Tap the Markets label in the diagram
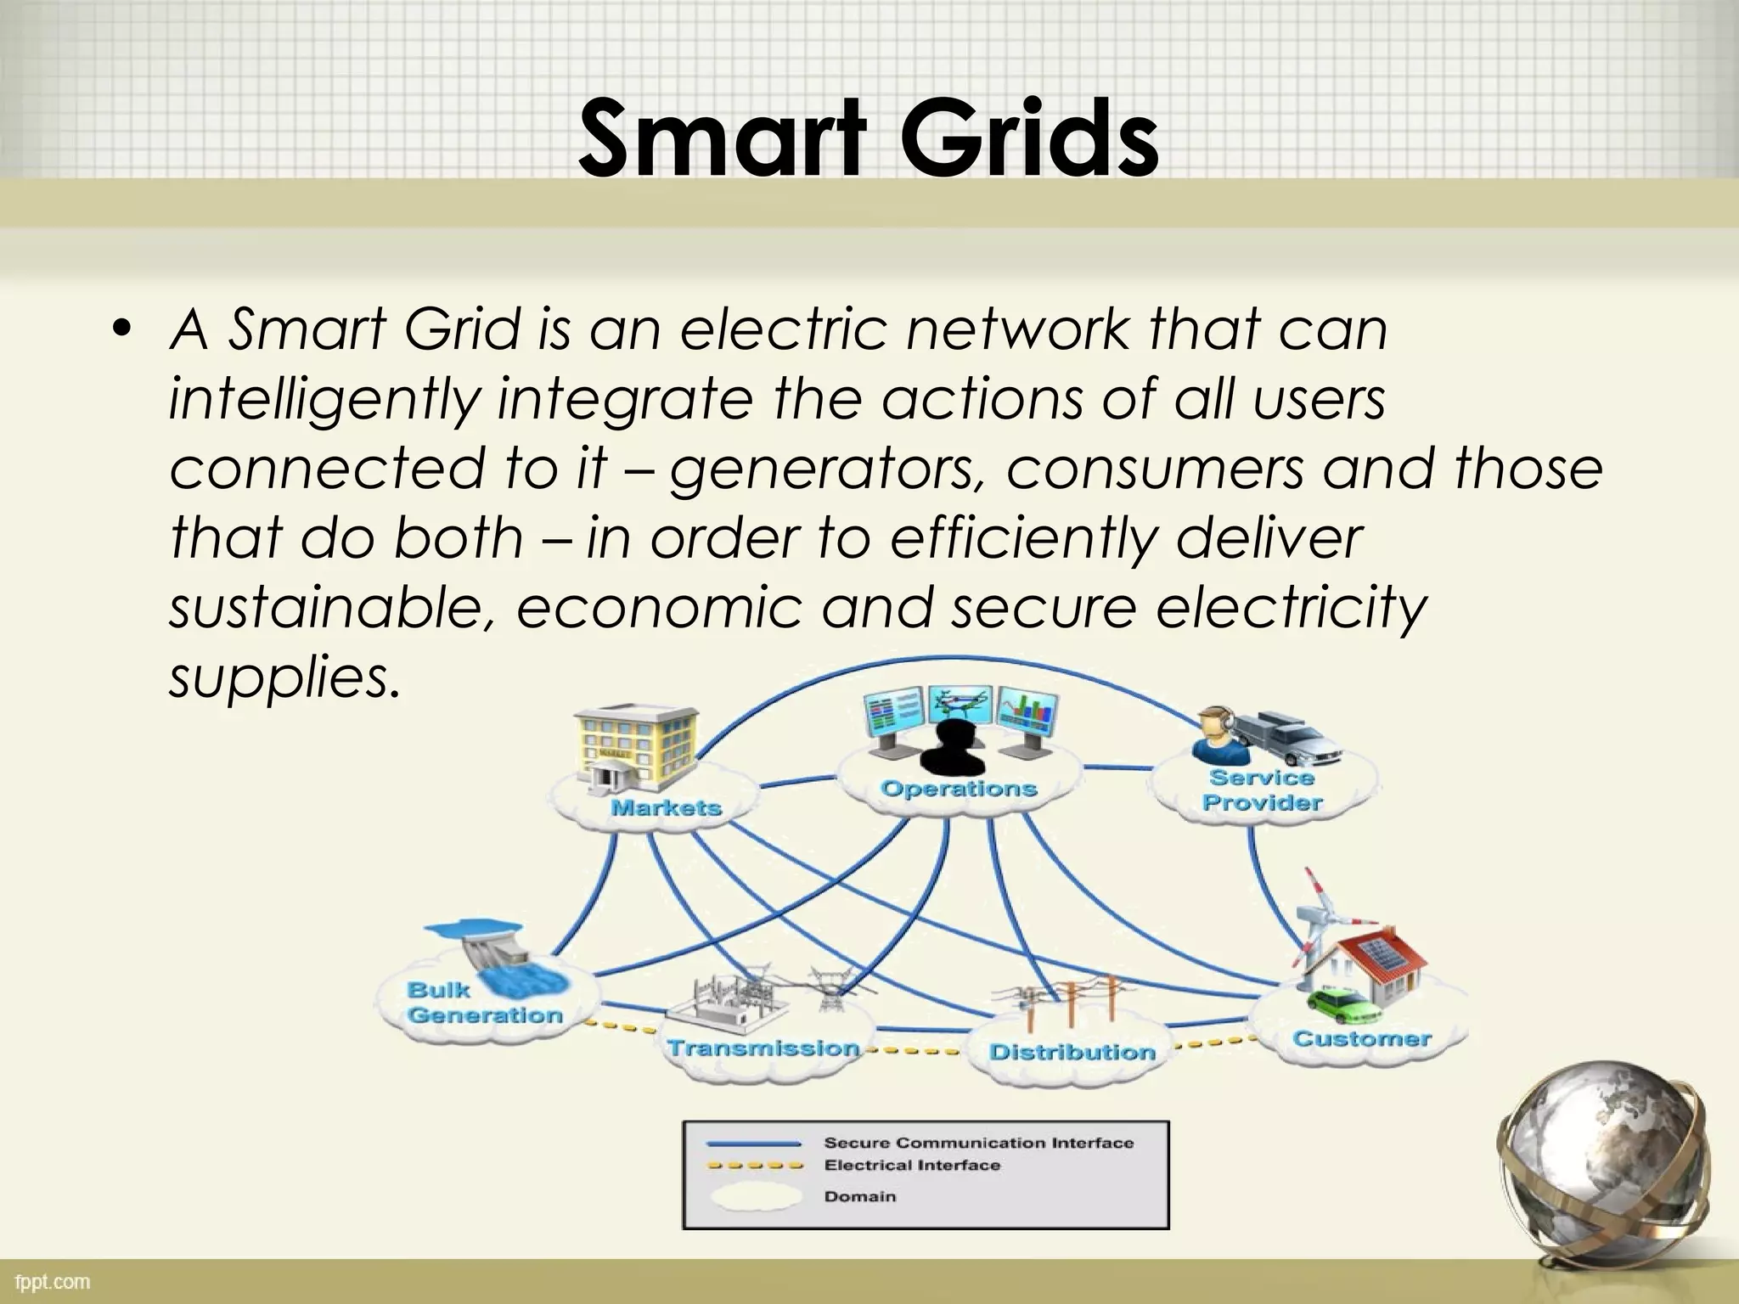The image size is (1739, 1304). coord(666,807)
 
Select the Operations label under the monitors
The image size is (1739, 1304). coord(959,789)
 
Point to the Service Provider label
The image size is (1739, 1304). coord(1262,790)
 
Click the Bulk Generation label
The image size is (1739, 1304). coord(484,1003)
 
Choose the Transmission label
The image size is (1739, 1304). coord(763,1048)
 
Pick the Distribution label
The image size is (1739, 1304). coord(1072,1053)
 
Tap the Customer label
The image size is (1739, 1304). coord(1361,1038)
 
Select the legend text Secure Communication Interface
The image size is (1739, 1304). coord(978,1143)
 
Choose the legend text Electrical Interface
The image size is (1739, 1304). coord(912,1166)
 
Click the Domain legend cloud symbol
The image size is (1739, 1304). coord(755,1197)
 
